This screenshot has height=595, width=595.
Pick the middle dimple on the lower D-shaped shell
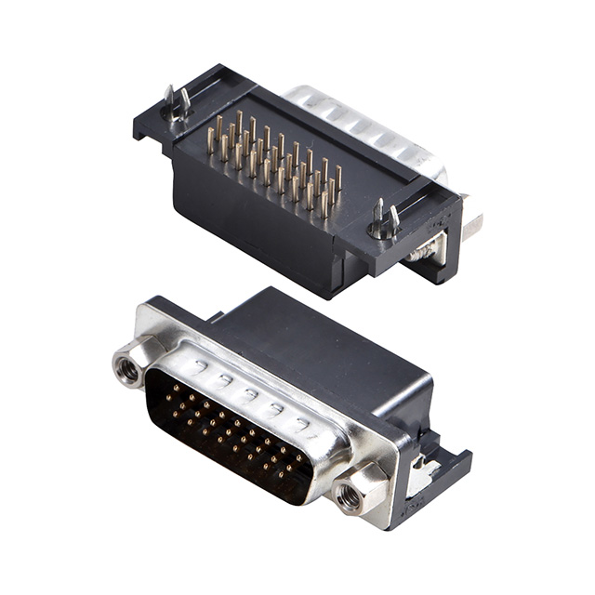(249, 393)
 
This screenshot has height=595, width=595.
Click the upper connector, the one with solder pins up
(297, 186)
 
